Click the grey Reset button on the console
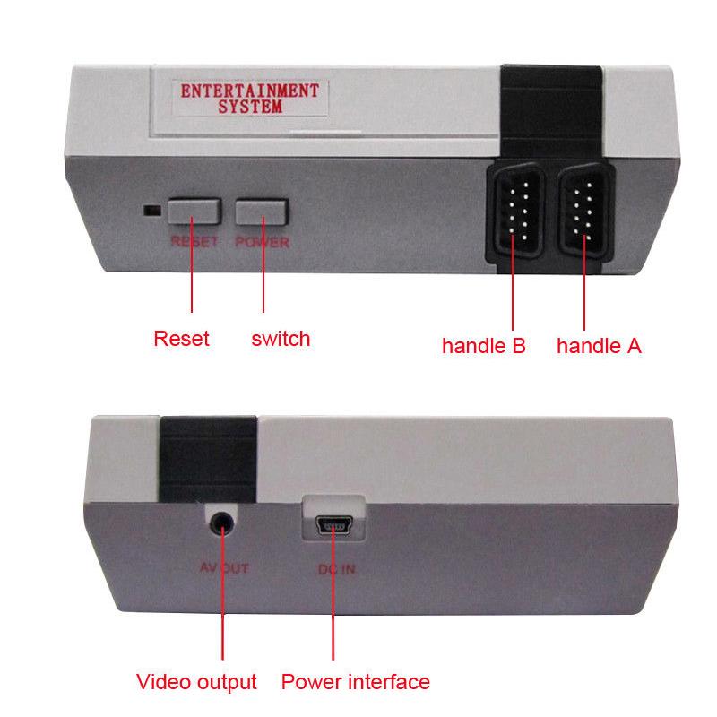coord(194,212)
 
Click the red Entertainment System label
coord(250,99)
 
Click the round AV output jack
coord(220,521)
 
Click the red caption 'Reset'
coord(181,339)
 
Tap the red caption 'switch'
coord(281,339)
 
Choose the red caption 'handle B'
coord(483,346)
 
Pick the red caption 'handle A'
coord(599,346)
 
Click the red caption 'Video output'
coord(196,682)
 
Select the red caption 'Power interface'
coord(355,682)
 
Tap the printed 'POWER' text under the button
coord(262,243)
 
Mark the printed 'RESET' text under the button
coord(194,243)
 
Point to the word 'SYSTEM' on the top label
coord(250,108)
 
